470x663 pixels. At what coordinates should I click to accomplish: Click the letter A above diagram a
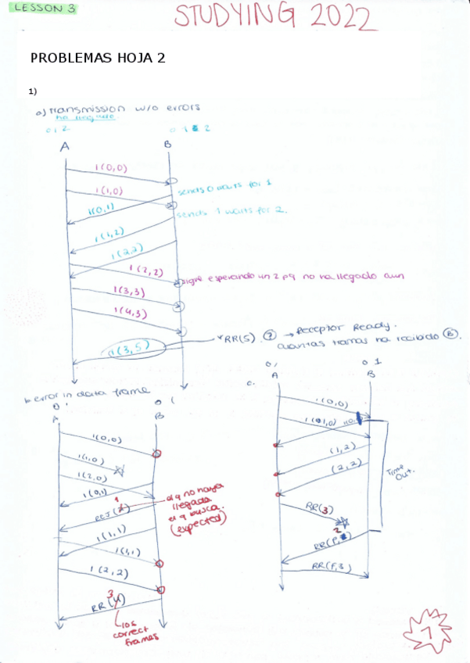pyautogui.click(x=65, y=145)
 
